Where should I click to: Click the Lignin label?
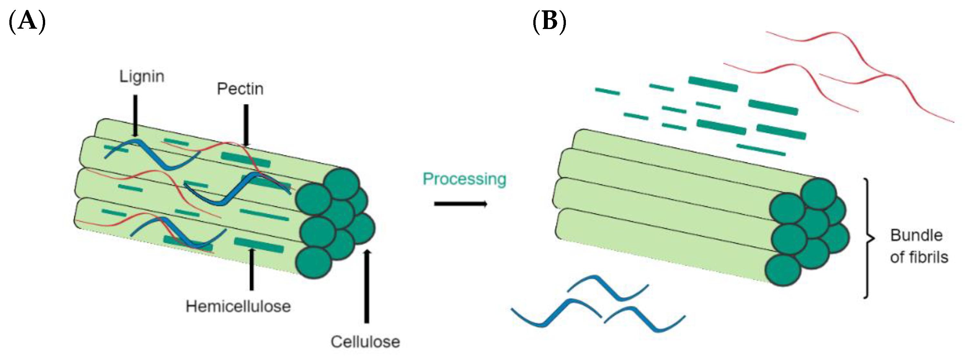pos(142,77)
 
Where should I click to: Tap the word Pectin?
pos(240,89)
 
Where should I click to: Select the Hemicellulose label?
pos(238,306)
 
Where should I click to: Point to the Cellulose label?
pos(365,342)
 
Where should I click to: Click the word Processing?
pos(464,179)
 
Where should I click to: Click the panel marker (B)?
pos(549,21)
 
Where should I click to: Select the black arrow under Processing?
pos(460,204)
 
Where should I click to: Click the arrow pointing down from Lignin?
pos(135,114)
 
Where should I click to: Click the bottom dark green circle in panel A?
pos(314,262)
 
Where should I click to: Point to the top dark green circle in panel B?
pos(818,194)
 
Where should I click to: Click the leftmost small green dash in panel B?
pos(607,91)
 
